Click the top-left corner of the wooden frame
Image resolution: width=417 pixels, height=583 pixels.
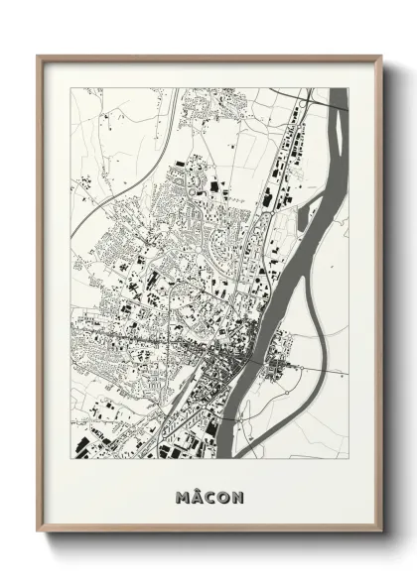click(39, 57)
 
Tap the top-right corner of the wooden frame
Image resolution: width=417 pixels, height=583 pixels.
click(380, 57)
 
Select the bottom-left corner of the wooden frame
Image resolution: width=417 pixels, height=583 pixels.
click(39, 531)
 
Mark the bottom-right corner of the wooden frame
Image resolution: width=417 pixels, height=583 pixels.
click(380, 531)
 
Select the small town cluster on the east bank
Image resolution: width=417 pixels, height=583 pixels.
click(278, 372)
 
